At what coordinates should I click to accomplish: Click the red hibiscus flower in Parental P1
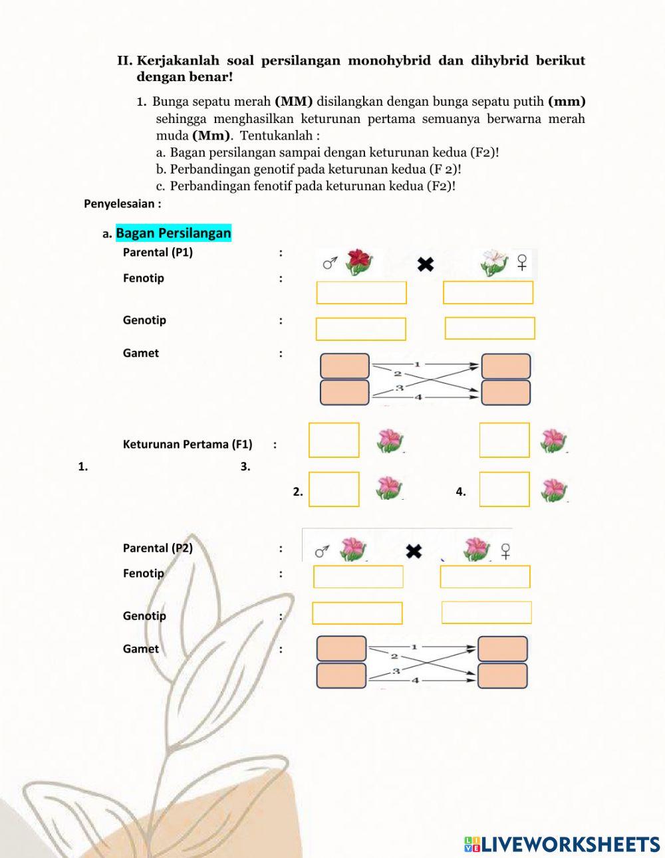pos(358,262)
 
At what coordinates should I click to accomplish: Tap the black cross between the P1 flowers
pos(426,265)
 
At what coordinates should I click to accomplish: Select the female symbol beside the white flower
pos(523,263)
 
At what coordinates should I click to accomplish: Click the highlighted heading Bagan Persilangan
pos(174,233)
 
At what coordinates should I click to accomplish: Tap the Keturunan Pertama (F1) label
pos(188,444)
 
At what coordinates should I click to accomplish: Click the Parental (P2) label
pos(158,548)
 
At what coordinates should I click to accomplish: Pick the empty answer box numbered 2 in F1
pos(334,489)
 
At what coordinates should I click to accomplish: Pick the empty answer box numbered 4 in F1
pos(505,489)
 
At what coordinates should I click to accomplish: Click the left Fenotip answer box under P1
pos(361,293)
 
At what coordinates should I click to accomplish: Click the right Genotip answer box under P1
pos(489,328)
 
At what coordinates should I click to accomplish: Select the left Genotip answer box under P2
pos(357,613)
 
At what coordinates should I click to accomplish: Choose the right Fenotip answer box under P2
pos(485,577)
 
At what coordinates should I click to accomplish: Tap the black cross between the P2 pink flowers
pos(414,551)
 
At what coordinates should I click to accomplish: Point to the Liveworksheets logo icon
pos(472,844)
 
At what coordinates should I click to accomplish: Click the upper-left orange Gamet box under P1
pos(344,366)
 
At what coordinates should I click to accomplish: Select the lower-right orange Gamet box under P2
pos(502,675)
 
